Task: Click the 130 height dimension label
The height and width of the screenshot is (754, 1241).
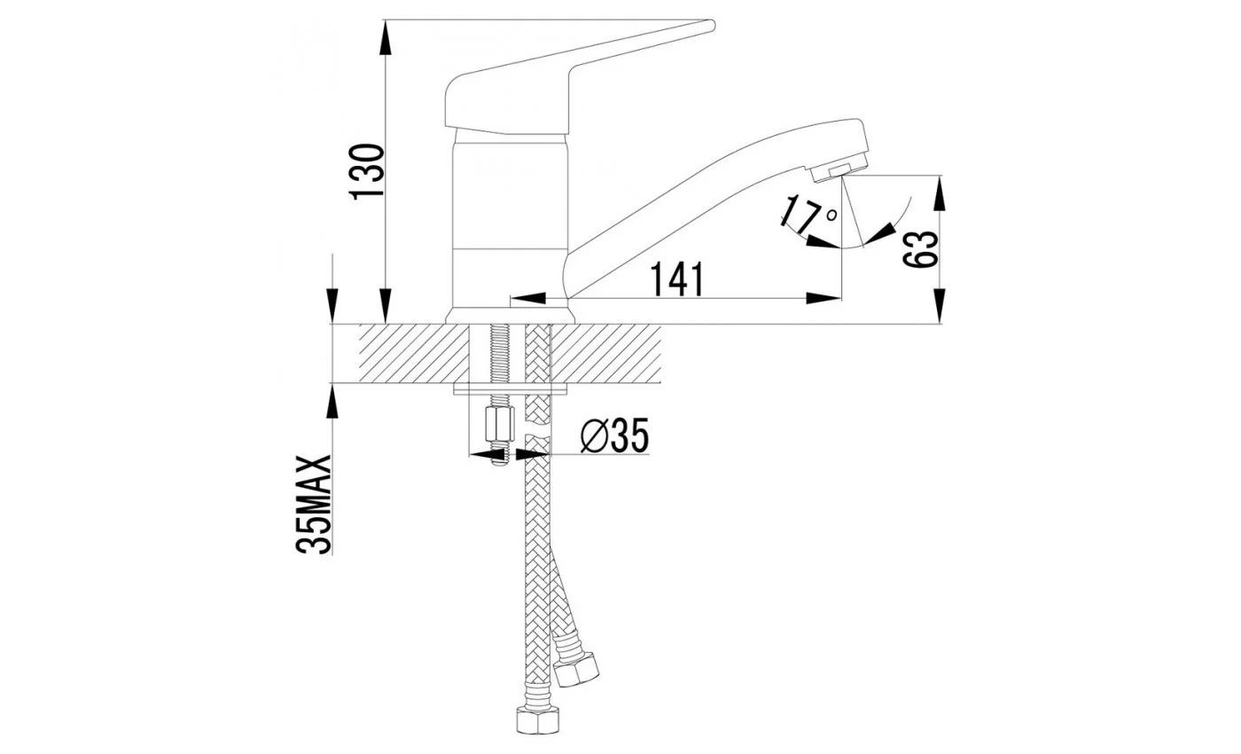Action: pos(366,171)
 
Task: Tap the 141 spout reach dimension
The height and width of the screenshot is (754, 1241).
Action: pos(676,279)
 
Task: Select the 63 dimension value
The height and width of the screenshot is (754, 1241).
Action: pos(920,249)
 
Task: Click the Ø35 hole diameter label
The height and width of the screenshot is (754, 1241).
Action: pos(614,436)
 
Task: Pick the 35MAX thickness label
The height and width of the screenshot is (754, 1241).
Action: pos(313,504)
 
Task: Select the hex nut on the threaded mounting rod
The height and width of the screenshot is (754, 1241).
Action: pos(500,424)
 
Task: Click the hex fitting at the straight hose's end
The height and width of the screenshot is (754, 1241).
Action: pos(537,719)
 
